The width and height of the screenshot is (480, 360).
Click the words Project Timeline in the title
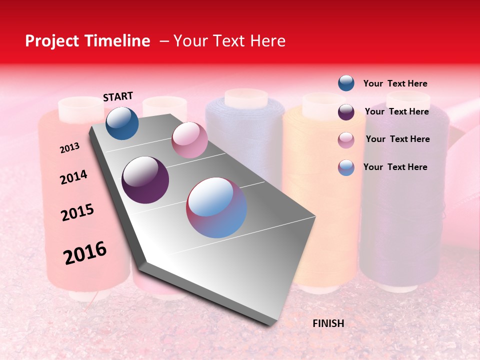click(87, 41)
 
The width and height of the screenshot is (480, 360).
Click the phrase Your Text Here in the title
click(229, 41)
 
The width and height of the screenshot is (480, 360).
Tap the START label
click(118, 96)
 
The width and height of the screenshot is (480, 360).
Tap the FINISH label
click(328, 323)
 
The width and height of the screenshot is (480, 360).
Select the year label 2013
click(70, 148)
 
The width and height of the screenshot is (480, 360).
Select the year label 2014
click(74, 177)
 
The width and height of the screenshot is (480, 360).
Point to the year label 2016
click(85, 253)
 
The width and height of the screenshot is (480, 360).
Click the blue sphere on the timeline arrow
click(122, 123)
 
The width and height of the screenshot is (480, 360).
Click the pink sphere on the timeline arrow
click(189, 140)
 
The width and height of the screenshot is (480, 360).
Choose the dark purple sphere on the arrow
click(145, 180)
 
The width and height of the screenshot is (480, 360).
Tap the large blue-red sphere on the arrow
click(216, 207)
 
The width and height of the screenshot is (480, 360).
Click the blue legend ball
click(346, 83)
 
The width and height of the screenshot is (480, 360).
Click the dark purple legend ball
click(346, 112)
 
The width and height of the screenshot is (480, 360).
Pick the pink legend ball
click(346, 140)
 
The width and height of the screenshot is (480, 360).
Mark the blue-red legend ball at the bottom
click(346, 167)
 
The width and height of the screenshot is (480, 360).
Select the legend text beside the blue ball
click(395, 83)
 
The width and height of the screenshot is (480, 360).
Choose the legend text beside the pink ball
click(398, 139)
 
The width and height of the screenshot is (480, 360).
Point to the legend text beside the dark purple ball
click(397, 111)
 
